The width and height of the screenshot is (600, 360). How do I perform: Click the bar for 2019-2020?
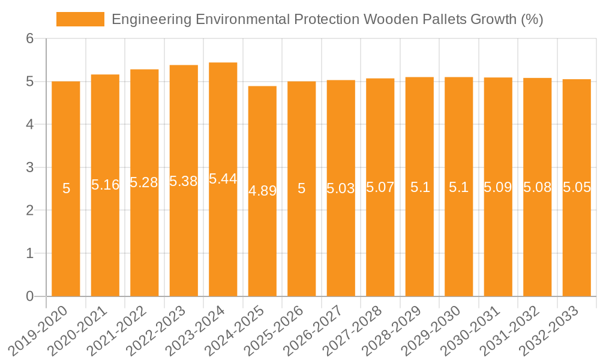(x=66, y=188)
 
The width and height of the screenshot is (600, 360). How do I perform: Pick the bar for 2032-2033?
(x=577, y=187)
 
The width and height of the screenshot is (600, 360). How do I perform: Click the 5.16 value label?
(x=106, y=185)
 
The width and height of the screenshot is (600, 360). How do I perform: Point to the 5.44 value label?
(x=223, y=179)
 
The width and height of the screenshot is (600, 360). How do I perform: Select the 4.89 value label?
(x=262, y=191)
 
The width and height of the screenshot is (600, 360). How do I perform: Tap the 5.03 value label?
(x=341, y=188)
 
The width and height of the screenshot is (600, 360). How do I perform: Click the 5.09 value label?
(x=498, y=187)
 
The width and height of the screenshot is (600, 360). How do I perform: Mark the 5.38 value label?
(x=184, y=181)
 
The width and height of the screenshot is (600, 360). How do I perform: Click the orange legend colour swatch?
(x=80, y=19)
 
